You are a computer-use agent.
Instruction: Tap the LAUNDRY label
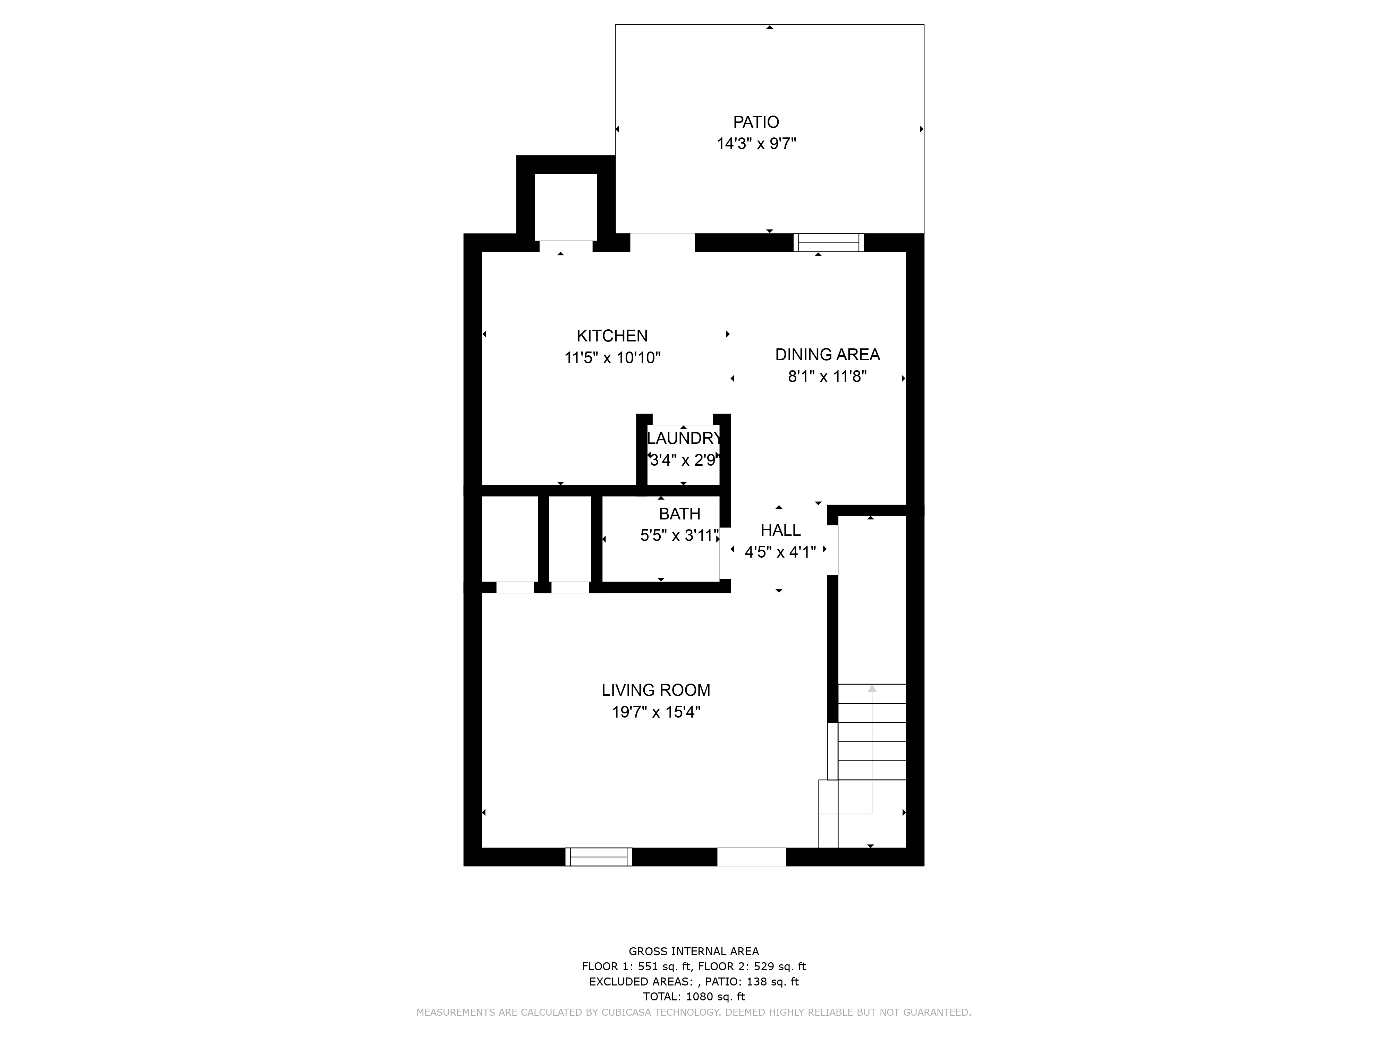click(x=684, y=438)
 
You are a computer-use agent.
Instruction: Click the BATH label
click(x=679, y=514)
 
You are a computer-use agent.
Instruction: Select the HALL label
click(x=781, y=530)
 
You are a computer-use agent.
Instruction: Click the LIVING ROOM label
click(x=656, y=690)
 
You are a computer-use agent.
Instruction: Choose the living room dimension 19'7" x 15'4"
click(x=656, y=712)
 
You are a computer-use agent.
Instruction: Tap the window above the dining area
click(x=828, y=243)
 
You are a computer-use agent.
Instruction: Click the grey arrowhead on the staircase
click(x=872, y=688)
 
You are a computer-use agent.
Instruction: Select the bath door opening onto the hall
click(x=725, y=553)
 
